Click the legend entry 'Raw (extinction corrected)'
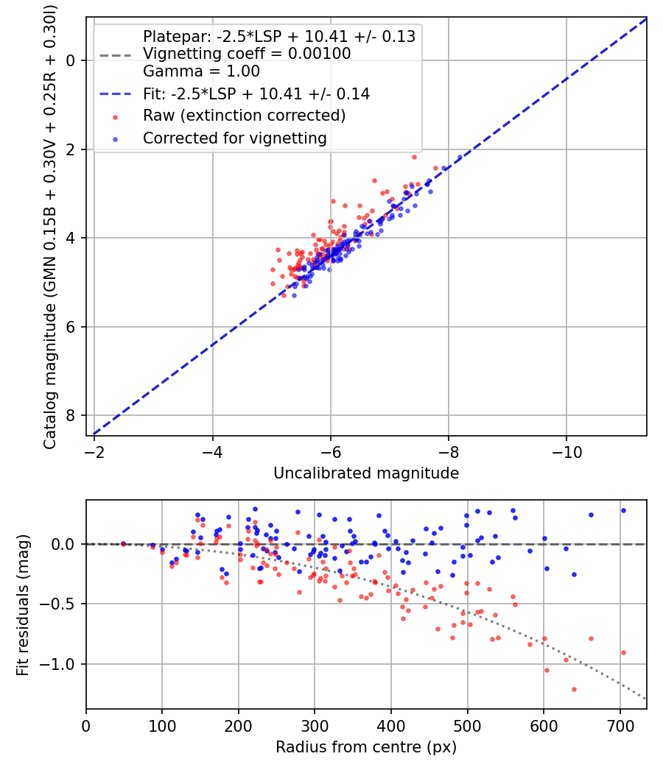244,116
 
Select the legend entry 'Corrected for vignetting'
234,138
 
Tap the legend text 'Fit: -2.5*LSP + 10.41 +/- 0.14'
256,94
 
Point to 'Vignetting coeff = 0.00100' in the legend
247,54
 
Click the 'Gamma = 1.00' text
201,71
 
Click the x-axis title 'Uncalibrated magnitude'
366,473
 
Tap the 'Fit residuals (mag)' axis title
23,605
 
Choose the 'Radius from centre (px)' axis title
366,747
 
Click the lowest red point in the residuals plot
574,689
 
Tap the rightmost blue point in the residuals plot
623,510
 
